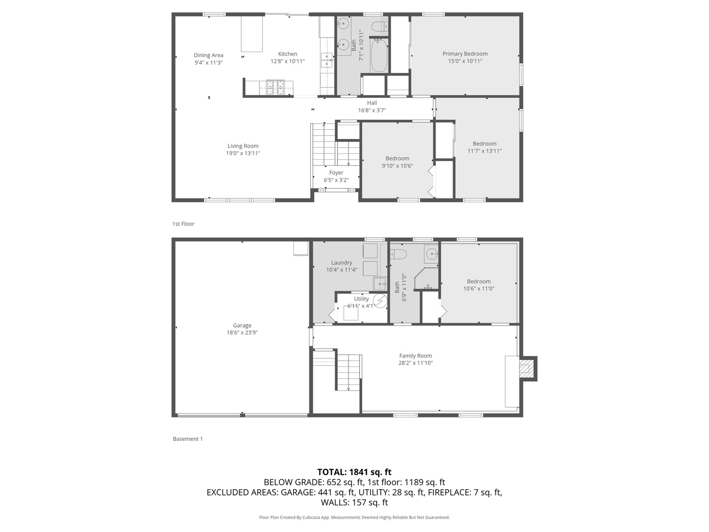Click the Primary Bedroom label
(x=465, y=54)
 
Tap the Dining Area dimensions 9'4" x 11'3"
(x=209, y=63)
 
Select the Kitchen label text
(x=288, y=54)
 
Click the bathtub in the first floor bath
(x=379, y=56)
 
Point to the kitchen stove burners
(x=275, y=87)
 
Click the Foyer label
(x=336, y=173)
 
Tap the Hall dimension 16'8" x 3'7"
(x=372, y=110)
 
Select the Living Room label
(x=243, y=146)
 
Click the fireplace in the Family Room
(x=527, y=368)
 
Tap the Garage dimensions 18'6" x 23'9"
(x=242, y=332)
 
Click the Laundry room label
(x=341, y=263)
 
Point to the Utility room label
(x=361, y=299)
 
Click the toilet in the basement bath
(x=398, y=254)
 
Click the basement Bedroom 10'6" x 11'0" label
(x=479, y=282)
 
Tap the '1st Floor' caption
(x=183, y=224)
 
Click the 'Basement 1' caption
(x=188, y=439)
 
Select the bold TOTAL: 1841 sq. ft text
(x=354, y=472)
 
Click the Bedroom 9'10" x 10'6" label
(x=397, y=159)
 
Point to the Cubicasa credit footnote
(x=354, y=517)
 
